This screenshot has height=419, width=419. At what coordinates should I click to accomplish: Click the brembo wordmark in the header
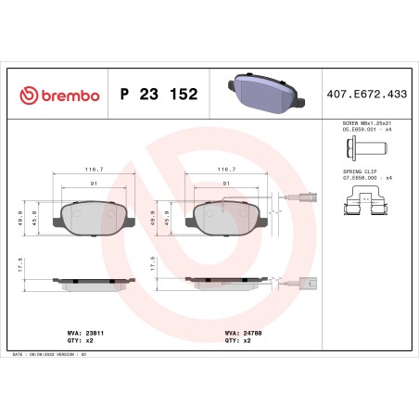tap(66, 95)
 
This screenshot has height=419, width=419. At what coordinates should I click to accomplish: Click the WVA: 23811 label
tap(77, 330)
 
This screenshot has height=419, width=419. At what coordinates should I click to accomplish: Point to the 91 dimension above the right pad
tap(226, 184)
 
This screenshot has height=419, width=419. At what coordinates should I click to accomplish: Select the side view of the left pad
tap(93, 281)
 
